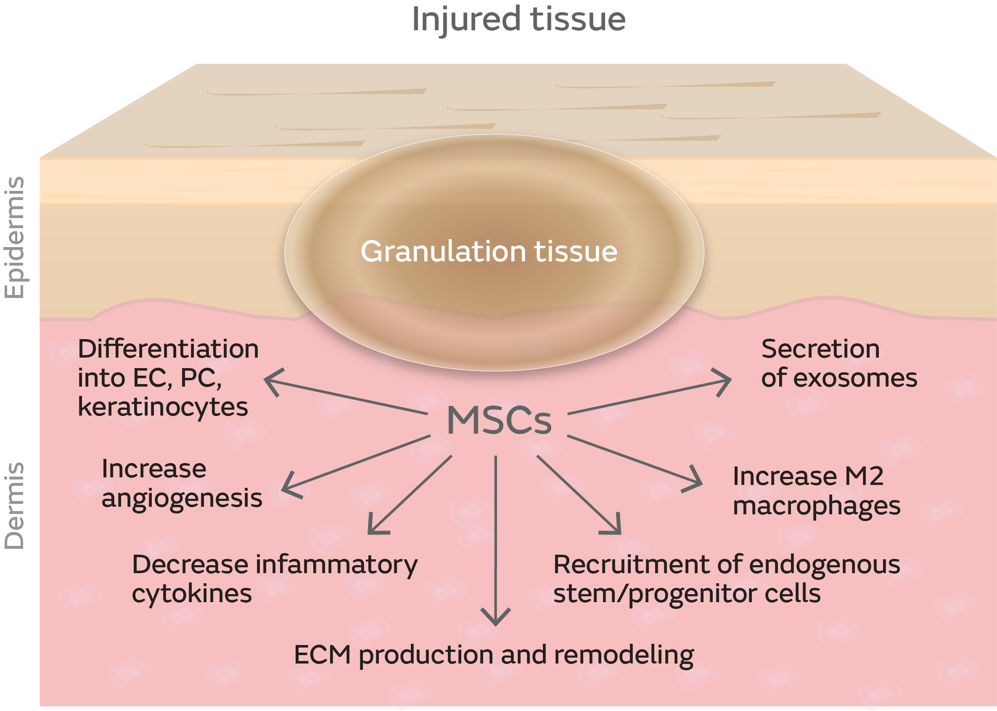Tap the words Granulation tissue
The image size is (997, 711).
click(x=489, y=252)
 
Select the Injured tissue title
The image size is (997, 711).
click(x=518, y=20)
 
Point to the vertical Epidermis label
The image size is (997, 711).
click(x=14, y=237)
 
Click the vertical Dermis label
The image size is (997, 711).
click(x=14, y=505)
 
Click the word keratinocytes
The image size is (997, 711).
click(x=163, y=407)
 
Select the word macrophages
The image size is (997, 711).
click(x=817, y=506)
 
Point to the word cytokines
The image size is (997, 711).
click(x=192, y=594)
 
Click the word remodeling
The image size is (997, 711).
click(x=624, y=656)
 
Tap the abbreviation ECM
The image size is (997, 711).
click(x=323, y=656)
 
